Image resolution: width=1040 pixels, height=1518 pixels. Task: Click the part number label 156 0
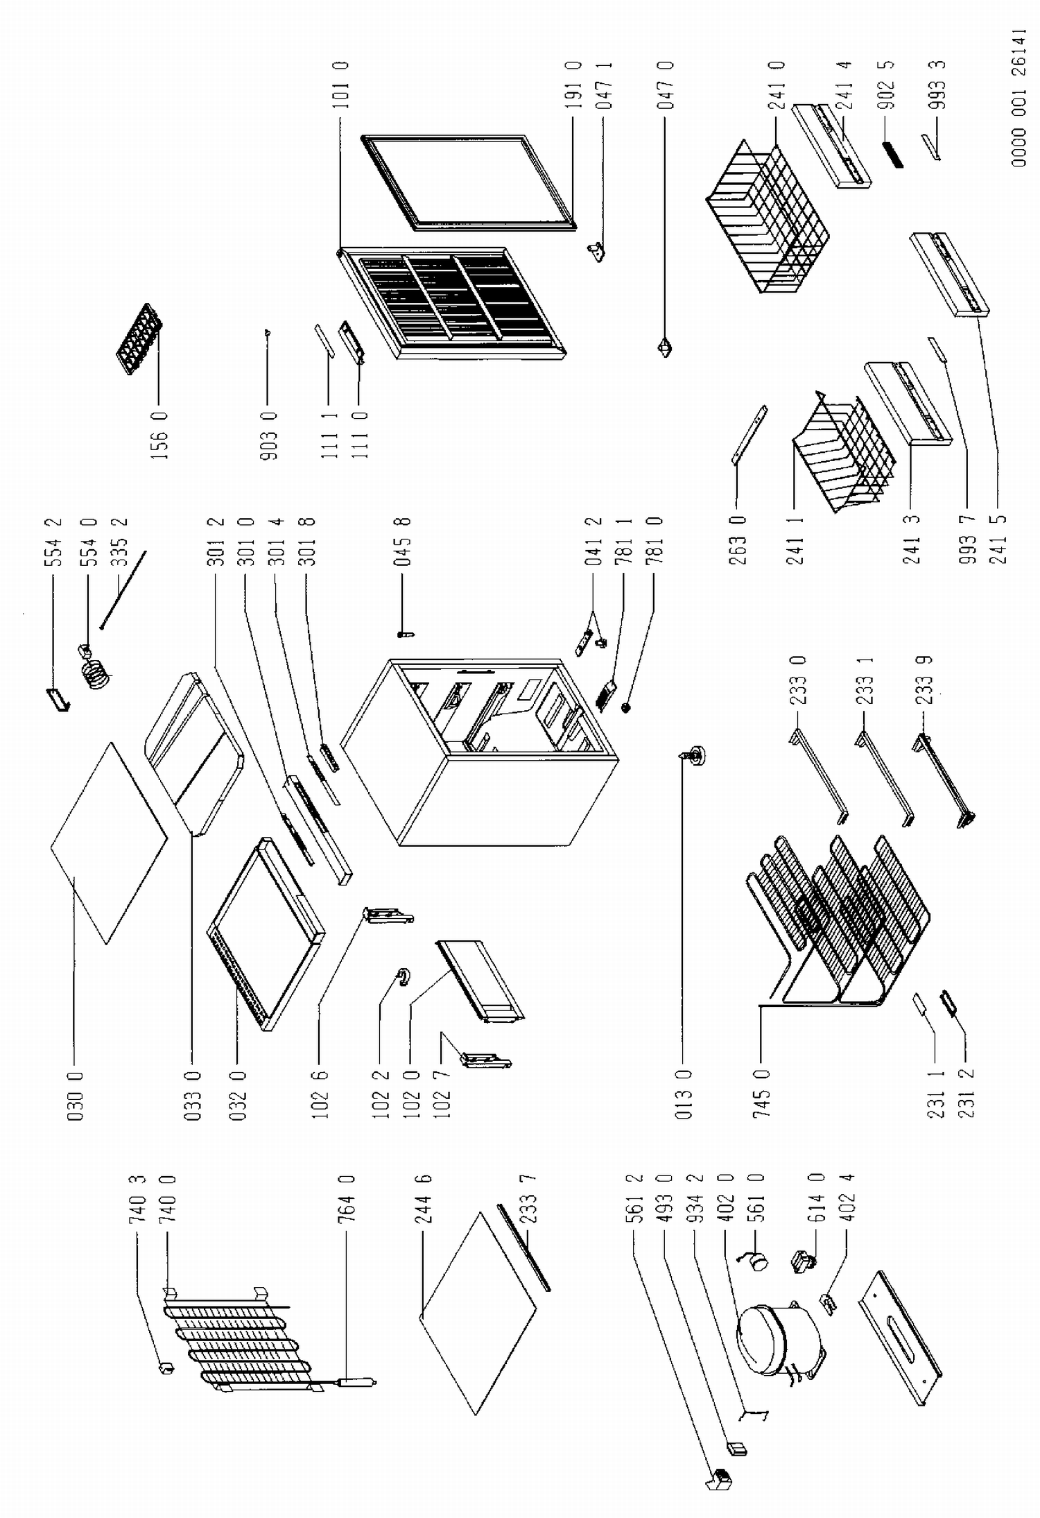(x=159, y=437)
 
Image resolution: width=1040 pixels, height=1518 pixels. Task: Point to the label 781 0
(x=655, y=541)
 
